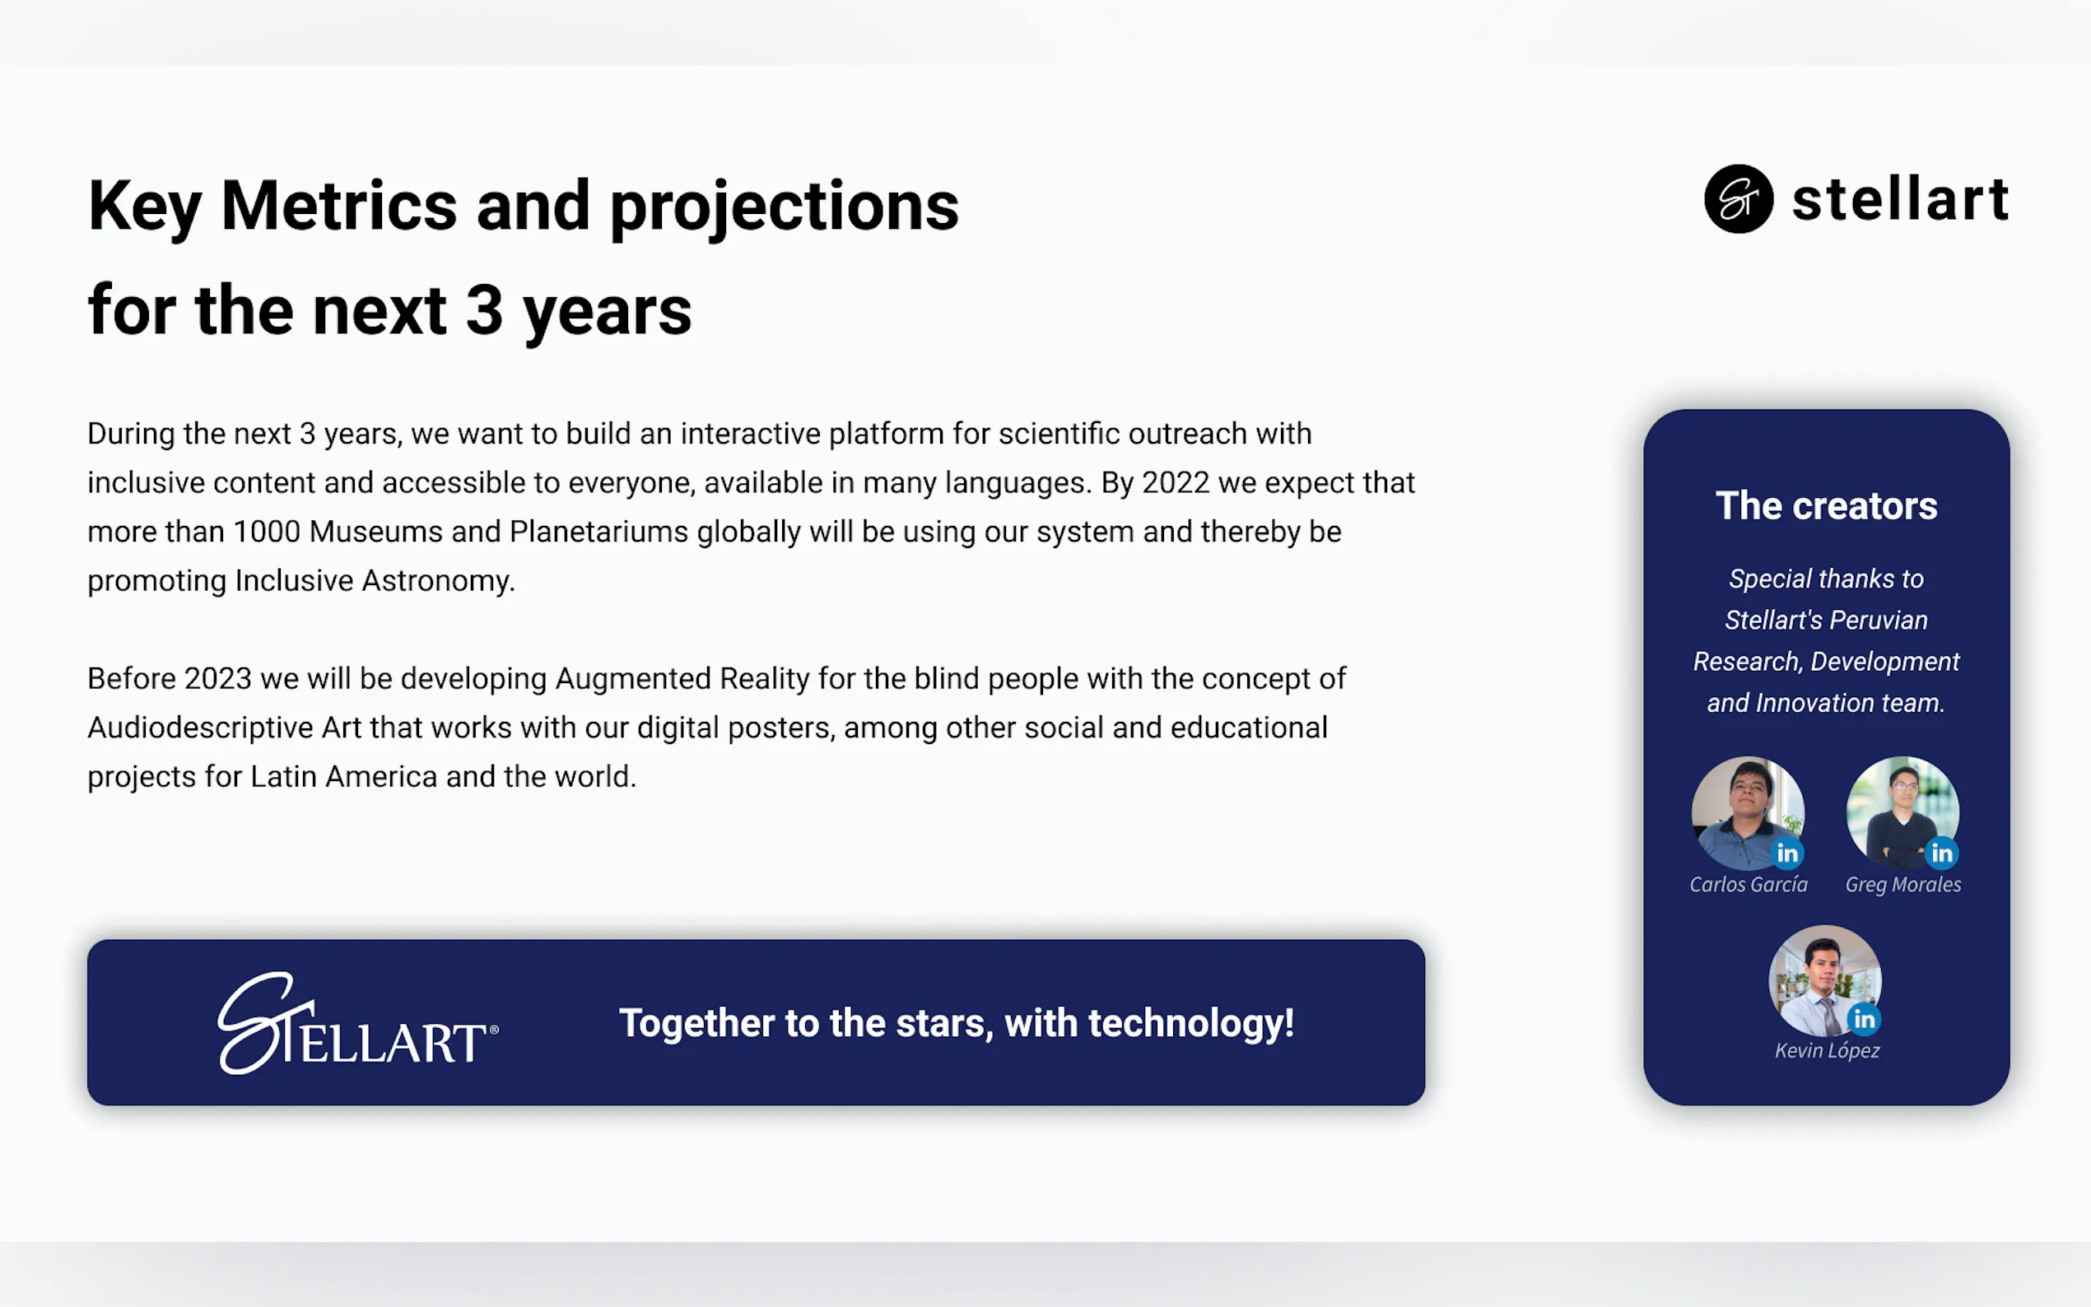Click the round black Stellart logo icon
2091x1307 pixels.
point(1739,199)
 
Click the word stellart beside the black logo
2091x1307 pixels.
point(1901,200)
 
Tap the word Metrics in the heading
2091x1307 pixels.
point(339,206)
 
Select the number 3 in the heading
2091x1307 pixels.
point(484,310)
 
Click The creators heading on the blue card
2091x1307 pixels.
point(1827,505)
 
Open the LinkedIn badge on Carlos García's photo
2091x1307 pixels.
point(1786,854)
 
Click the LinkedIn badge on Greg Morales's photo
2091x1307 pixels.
point(1941,854)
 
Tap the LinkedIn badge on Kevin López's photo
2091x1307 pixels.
point(1864,1019)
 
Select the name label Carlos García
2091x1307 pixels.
point(1749,884)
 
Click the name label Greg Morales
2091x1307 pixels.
point(1903,885)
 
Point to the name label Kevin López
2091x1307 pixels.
point(1828,1050)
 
